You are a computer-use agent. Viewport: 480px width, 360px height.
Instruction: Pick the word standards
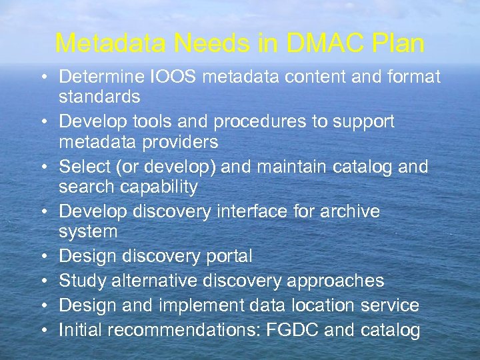coord(99,97)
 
